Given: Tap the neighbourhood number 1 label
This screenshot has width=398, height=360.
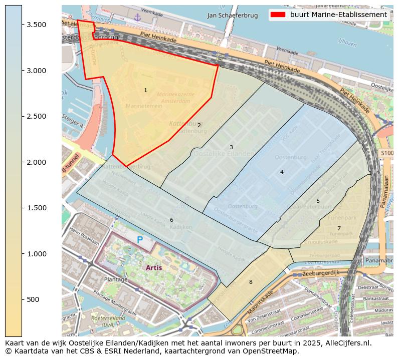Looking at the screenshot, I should tap(145, 91).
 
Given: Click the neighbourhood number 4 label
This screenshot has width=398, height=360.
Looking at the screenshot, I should tap(282, 172).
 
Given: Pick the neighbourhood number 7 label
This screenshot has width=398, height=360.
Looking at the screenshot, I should tap(339, 228).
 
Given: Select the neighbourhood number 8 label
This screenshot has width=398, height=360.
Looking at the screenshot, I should tap(251, 282).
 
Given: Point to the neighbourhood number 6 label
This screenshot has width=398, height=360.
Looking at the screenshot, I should tap(171, 220).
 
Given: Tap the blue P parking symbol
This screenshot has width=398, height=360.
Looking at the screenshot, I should tap(140, 240).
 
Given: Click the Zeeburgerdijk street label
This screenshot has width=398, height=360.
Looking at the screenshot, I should tap(320, 273).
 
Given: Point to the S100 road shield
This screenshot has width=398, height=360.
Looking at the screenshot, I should tap(386, 153).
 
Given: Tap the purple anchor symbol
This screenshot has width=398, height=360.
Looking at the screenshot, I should tap(137, 18).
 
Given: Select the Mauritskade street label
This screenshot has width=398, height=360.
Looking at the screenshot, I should tap(260, 302).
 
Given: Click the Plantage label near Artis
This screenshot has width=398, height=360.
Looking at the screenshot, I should tap(116, 279).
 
